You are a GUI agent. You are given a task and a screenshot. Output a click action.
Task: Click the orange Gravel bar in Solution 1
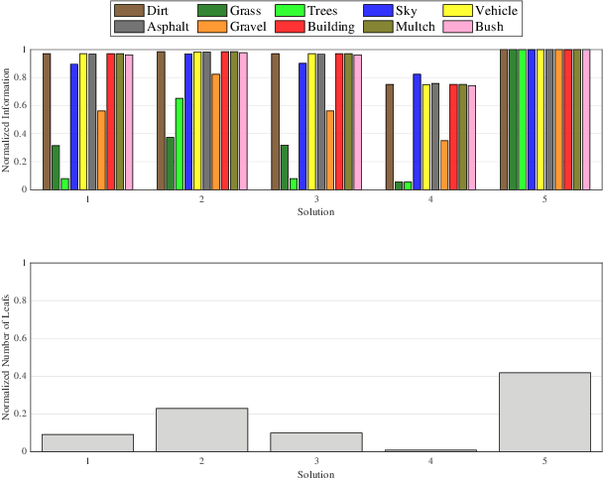coord(101,150)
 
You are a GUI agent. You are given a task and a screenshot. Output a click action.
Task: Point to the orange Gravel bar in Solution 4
coord(444,165)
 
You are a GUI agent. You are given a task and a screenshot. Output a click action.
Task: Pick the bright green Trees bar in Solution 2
coord(179,144)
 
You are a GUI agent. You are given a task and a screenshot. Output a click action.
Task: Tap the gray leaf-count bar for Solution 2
coord(201,429)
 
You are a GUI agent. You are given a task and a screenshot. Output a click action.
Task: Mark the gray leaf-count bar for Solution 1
coord(87,442)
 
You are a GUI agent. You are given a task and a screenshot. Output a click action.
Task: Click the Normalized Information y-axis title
coord(7,119)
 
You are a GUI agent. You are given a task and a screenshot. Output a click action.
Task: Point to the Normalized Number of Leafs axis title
coord(7,355)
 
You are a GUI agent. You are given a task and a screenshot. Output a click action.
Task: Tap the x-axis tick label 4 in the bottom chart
coord(430,461)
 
